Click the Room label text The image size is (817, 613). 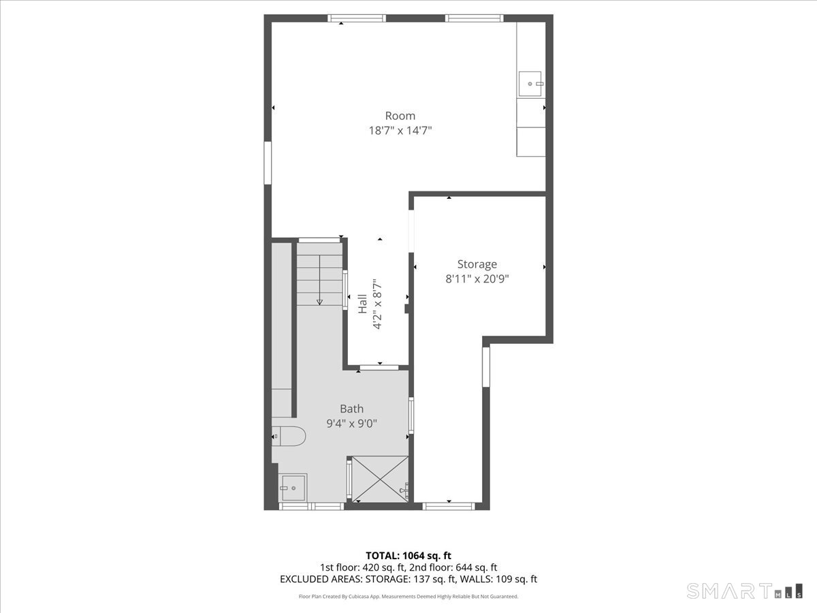400,116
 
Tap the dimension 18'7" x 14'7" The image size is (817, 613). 400,131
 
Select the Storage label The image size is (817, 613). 477,264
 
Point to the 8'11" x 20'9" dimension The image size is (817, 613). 477,279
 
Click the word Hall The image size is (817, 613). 362,304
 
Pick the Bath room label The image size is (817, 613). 351,409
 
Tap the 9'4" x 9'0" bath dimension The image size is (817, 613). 351,424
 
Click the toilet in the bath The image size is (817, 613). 289,436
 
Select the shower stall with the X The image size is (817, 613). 380,479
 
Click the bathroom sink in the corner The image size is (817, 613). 293,488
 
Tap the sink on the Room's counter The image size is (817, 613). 530,84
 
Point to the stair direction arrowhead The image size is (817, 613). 319,302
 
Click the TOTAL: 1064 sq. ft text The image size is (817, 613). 408,556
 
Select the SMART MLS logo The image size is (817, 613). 744,591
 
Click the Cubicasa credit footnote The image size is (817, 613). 408,596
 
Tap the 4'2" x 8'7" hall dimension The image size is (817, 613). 377,304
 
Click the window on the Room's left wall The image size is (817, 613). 268,163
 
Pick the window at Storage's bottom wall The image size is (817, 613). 449,506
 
